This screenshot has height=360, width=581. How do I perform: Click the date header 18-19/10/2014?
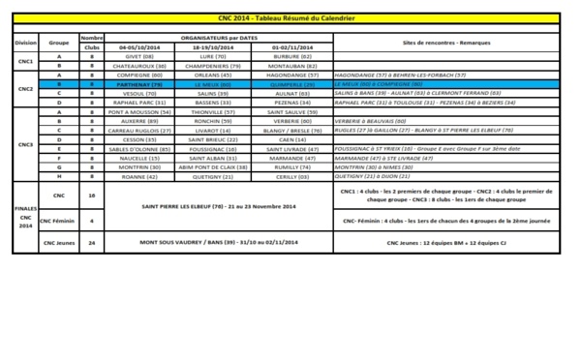point(204,47)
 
